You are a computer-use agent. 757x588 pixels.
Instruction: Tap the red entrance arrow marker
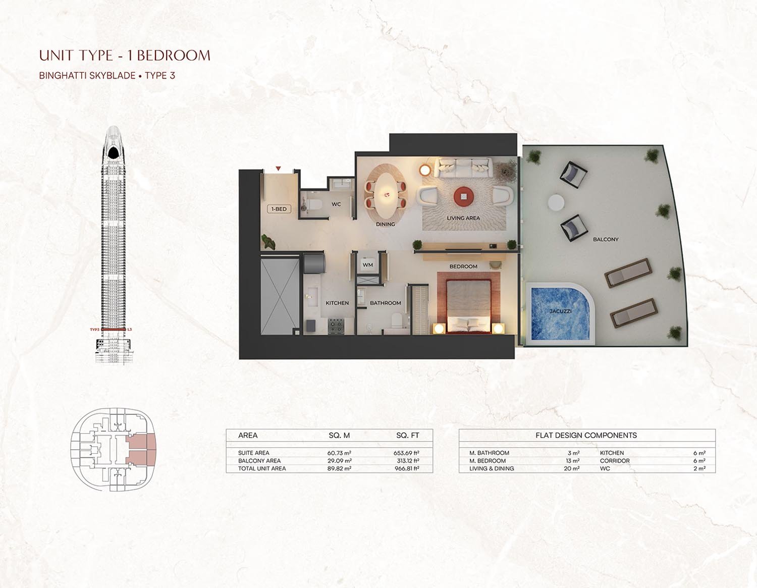[x=278, y=169]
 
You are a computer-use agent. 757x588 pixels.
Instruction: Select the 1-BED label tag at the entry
[x=279, y=209]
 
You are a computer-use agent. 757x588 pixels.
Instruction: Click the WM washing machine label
[x=367, y=265]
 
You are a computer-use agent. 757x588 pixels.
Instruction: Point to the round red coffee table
[x=463, y=196]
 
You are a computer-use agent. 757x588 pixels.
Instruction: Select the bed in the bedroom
[x=468, y=307]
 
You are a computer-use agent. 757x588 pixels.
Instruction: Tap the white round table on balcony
[x=556, y=202]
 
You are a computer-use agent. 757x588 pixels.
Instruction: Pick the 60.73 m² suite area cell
[x=339, y=453]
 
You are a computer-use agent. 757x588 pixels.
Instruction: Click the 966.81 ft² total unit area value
[x=406, y=469]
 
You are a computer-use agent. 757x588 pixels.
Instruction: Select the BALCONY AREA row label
[x=259, y=461]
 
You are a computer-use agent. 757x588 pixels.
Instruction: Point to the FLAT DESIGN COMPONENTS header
[x=586, y=435]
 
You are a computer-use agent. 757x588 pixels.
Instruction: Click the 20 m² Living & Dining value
[x=573, y=469]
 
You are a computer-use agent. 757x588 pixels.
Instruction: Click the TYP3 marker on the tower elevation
[x=94, y=330]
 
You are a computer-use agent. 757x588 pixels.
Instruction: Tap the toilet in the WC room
[x=315, y=204]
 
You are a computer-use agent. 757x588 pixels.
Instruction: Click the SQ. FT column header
[x=407, y=435]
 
